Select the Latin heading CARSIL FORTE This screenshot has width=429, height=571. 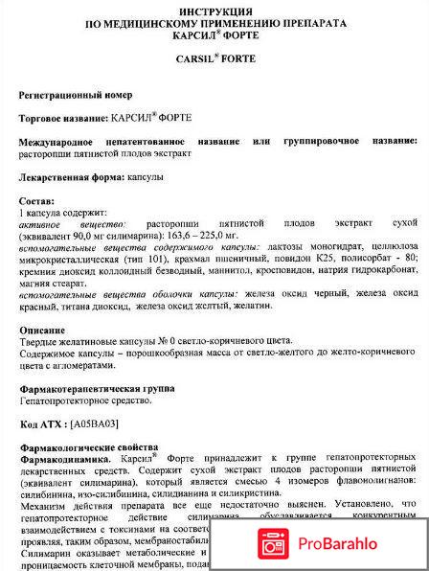214,57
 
